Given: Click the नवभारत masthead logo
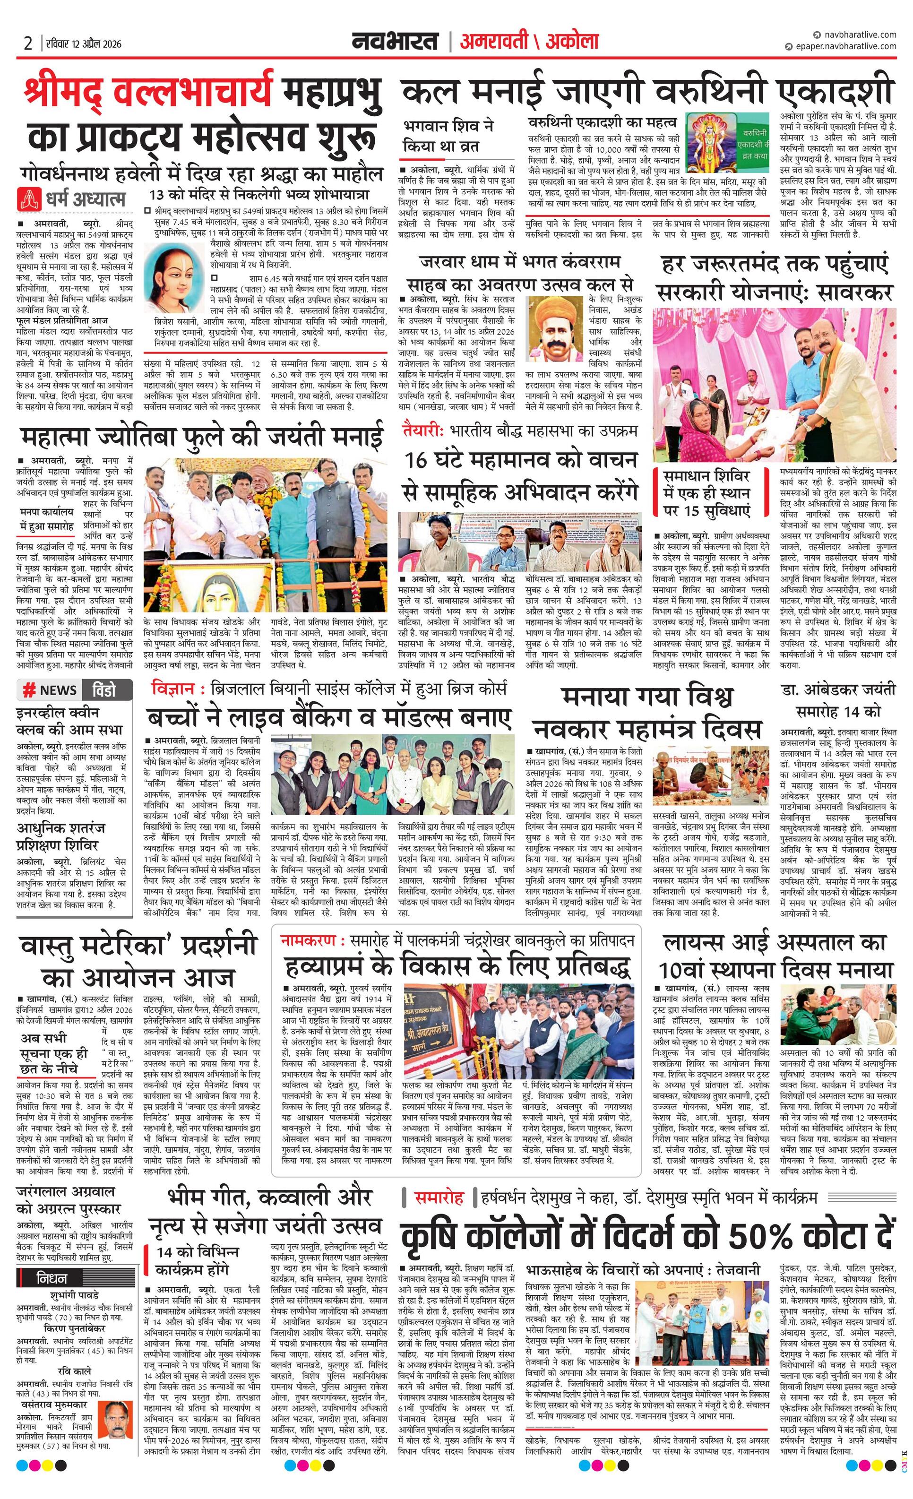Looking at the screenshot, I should tap(395, 42).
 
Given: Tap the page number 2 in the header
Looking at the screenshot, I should tap(28, 43).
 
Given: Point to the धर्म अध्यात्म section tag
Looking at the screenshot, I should tap(73, 199).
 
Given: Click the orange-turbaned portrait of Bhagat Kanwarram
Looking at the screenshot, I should tap(555, 326).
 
